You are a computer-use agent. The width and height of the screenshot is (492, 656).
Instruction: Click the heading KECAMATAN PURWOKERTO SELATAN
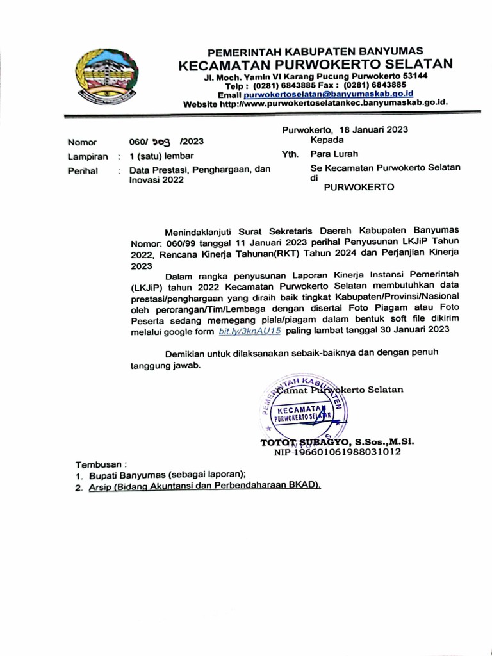(x=315, y=64)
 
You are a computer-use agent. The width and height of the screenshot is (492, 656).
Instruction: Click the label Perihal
(x=83, y=170)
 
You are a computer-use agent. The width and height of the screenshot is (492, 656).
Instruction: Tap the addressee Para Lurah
(x=334, y=154)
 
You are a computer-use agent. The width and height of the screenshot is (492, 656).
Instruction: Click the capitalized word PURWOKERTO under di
(x=359, y=188)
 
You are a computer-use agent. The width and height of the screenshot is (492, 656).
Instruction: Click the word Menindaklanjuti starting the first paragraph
(x=202, y=230)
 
